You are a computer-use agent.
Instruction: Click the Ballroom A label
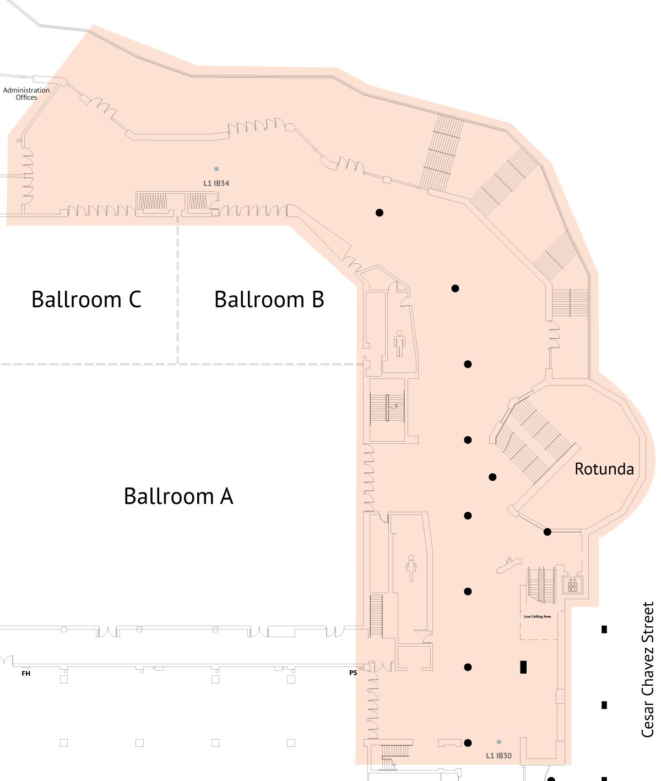[x=178, y=496]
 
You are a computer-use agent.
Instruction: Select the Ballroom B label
[x=269, y=299]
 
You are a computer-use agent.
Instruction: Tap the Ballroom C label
[x=86, y=299]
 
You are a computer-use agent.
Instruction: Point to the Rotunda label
[x=604, y=469]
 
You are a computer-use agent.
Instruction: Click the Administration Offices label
[x=26, y=93]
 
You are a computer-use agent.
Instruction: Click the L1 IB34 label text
[x=216, y=183]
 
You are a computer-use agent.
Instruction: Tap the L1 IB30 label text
[x=499, y=756]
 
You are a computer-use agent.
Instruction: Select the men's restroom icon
[x=399, y=343]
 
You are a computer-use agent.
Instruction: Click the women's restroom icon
[x=411, y=568]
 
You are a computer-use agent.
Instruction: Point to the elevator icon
[x=572, y=585]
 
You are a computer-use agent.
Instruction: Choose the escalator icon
[x=509, y=565]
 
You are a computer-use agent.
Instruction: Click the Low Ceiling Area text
[x=537, y=617]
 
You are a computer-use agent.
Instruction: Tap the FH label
[x=26, y=673]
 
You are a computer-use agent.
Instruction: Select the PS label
[x=353, y=673]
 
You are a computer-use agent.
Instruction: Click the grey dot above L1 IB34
[x=216, y=169]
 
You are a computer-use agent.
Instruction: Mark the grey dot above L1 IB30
[x=499, y=742]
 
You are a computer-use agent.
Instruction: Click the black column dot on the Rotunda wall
[x=547, y=532]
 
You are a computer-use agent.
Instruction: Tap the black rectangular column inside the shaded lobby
[x=523, y=668]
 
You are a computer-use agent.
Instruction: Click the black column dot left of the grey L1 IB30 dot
[x=468, y=743]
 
